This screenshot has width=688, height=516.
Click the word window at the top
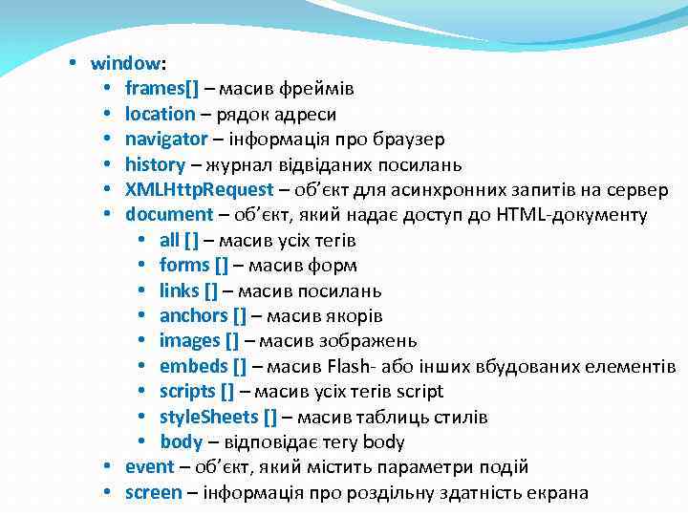click(125, 64)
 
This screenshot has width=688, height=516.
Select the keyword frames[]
click(161, 89)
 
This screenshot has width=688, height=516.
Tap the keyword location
click(160, 114)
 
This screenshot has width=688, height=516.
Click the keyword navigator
click(165, 140)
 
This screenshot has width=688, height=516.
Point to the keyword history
click(155, 164)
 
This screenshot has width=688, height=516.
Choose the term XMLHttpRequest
click(198, 189)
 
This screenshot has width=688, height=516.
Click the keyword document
click(168, 214)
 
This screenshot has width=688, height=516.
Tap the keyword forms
click(183, 265)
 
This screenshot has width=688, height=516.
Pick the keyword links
click(180, 290)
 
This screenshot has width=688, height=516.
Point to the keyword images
click(189, 341)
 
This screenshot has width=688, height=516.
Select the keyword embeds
click(194, 366)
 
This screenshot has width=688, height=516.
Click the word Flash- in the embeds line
click(354, 366)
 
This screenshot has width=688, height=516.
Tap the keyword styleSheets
click(208, 417)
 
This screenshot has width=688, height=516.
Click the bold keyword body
click(181, 441)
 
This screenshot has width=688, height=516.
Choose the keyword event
click(149, 467)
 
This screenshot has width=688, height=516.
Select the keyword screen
click(153, 492)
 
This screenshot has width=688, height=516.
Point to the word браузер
click(411, 140)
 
